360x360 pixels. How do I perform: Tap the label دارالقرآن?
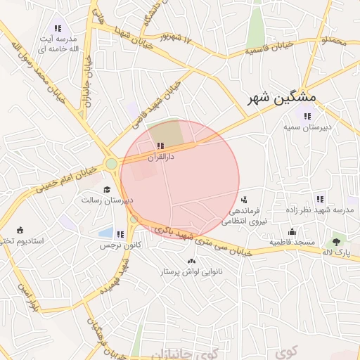point(161,157)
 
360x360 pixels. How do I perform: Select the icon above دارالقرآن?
point(161,146)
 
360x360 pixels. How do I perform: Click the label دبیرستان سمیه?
point(302,128)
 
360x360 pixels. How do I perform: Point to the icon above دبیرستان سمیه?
point(306,116)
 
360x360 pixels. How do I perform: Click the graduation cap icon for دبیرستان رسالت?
point(108,189)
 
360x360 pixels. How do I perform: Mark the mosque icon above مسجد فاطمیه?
point(292,231)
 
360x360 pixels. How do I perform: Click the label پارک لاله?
point(338,252)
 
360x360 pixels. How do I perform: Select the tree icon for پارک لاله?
point(337,240)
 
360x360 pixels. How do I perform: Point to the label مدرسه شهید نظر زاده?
point(323,211)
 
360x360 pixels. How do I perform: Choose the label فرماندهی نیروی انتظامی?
point(242,216)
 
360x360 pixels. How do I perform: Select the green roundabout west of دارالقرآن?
point(111,165)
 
